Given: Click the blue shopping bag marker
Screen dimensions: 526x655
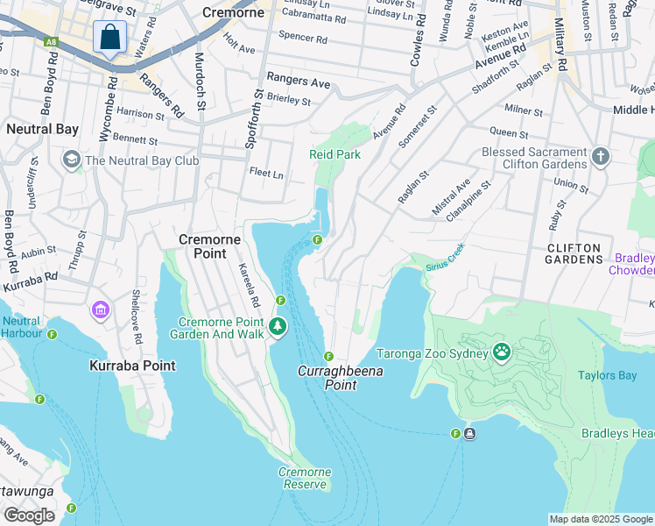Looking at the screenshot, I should [x=109, y=38].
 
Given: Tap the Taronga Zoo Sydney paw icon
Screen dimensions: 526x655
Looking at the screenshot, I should [x=502, y=352].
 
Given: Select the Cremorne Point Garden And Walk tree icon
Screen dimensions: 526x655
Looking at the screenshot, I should [x=278, y=327].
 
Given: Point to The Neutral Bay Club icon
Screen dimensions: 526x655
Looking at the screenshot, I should [x=70, y=160].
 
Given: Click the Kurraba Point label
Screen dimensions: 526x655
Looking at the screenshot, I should [x=131, y=365].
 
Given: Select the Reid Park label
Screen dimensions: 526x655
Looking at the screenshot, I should [x=335, y=154].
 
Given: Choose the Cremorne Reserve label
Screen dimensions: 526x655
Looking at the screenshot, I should [x=305, y=478].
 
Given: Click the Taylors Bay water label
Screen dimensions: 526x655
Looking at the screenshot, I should [x=606, y=375].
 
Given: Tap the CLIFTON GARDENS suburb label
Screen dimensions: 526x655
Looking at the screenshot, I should [x=574, y=253].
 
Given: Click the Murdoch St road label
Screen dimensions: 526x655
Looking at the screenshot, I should [x=200, y=80].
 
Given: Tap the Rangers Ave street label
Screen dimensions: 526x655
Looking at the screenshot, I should [x=299, y=82].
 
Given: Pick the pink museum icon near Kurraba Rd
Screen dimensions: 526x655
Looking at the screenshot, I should [x=100, y=310].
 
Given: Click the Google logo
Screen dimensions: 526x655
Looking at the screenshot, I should [x=29, y=515].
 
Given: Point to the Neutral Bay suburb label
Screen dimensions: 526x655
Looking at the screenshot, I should [x=42, y=129].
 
